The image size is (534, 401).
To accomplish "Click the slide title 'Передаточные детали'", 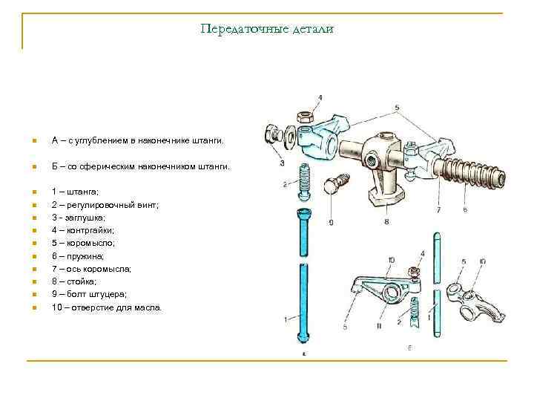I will (x=267, y=29).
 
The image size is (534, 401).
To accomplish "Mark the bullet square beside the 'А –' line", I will (x=34, y=140).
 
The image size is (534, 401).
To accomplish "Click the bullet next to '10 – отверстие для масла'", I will (x=34, y=307).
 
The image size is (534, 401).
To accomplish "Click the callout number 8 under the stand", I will (x=387, y=221).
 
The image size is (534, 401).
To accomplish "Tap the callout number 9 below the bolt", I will (x=331, y=221).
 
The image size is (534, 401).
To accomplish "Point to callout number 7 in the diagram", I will (x=439, y=210).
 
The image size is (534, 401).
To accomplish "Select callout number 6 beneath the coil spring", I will (x=465, y=210).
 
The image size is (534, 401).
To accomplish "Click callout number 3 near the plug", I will (x=283, y=163).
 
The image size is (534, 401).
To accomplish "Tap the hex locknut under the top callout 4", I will (x=304, y=117).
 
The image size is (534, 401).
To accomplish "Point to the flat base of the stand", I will (x=388, y=196).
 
